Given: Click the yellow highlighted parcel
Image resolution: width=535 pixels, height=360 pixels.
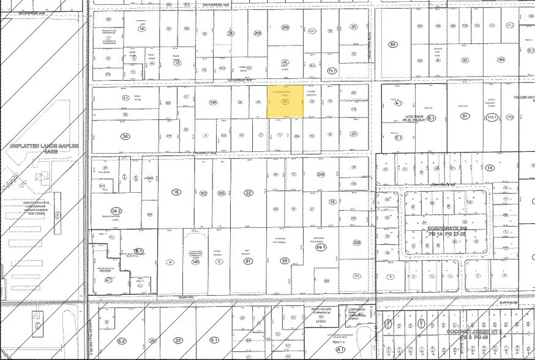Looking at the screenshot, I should [x=285, y=101].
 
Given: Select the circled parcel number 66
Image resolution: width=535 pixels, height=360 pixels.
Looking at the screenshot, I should [x=393, y=44].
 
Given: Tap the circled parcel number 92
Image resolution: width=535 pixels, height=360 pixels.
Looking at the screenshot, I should [x=465, y=60].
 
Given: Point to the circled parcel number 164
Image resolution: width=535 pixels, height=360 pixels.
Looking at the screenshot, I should [x=501, y=60].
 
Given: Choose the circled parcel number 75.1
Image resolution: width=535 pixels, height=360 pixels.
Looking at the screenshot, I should [x=332, y=71].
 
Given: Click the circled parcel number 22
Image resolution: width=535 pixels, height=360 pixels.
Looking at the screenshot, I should [x=248, y=193].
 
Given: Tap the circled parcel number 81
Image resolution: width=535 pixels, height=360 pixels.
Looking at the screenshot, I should [x=248, y=261].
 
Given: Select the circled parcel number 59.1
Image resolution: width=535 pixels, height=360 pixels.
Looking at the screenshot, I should [x=318, y=247].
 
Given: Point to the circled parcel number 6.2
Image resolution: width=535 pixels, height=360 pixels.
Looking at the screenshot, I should [x=121, y=340].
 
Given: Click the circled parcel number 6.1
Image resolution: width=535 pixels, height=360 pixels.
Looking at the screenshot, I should [x=214, y=340].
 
